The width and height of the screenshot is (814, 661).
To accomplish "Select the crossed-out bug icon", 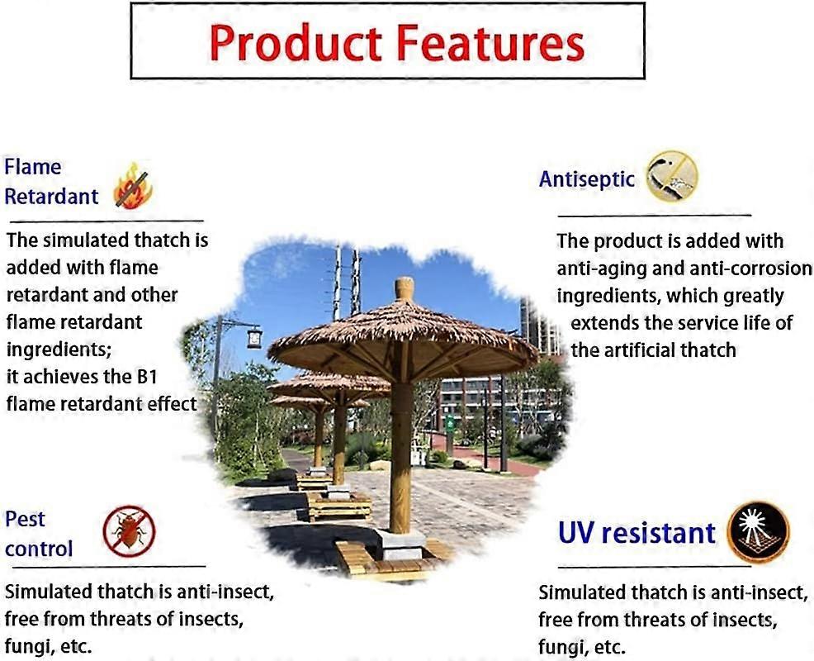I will coord(129,531).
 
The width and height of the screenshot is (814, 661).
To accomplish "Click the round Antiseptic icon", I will coord(671,176).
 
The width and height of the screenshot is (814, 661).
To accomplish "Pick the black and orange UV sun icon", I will coord(758,531).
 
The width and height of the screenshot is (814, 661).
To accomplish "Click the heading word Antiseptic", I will coord(587,178).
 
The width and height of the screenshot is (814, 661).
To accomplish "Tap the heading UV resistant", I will coord(636,533).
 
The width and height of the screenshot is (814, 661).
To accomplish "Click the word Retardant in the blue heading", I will coord(51,197).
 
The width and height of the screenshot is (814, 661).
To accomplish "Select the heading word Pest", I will coord(25,520).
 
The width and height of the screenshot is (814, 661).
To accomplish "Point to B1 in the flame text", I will coord(163,376).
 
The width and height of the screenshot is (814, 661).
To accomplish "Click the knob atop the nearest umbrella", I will coord(404,288).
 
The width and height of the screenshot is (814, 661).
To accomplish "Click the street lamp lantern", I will coord(254,337).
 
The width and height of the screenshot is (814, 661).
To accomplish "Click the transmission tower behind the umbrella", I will coord(347,281).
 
